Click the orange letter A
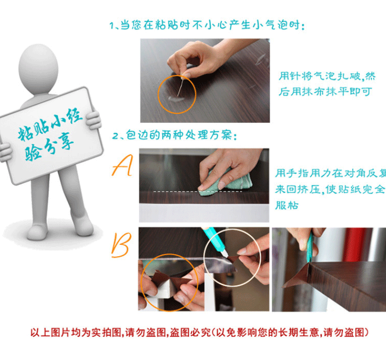[122, 166]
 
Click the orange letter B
[121, 245]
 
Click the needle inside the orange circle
[180, 87]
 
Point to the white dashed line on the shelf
[198, 191]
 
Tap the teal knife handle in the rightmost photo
[310, 246]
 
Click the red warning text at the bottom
[199, 332]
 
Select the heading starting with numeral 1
[207, 25]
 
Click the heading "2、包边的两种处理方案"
[174, 135]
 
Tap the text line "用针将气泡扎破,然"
[327, 76]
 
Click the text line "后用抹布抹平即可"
[325, 92]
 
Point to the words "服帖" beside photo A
[287, 205]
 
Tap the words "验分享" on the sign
[49, 147]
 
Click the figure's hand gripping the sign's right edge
[94, 120]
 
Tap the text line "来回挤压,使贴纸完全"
[330, 189]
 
